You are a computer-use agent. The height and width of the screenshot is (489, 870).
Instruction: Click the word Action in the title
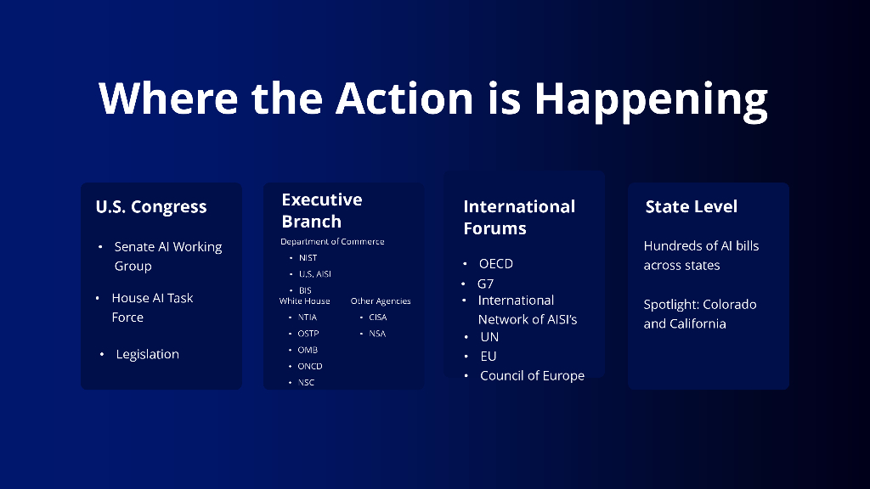click(404, 98)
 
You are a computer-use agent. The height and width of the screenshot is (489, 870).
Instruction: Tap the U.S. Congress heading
click(151, 207)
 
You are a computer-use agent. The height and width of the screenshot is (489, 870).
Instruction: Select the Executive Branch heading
click(322, 211)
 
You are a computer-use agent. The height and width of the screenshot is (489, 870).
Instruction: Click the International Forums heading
click(519, 217)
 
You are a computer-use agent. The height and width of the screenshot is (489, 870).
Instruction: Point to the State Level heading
click(692, 206)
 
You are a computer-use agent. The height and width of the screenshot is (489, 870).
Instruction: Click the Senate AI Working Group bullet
click(168, 256)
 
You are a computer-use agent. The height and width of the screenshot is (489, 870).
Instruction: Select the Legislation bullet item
click(148, 354)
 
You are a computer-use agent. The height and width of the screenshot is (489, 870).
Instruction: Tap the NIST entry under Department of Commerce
click(308, 258)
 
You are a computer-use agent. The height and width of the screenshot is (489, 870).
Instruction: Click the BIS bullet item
click(305, 290)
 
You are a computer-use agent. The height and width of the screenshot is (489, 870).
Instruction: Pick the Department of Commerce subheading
click(332, 242)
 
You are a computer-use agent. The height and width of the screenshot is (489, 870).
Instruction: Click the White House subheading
click(305, 301)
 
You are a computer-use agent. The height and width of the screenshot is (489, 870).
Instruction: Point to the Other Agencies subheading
click(381, 301)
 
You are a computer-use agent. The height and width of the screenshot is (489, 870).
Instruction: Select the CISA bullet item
click(378, 318)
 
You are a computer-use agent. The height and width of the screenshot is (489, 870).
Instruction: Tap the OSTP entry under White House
click(308, 333)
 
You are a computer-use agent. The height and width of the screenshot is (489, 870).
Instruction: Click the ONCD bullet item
click(310, 366)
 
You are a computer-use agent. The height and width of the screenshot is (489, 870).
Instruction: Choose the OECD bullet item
click(496, 263)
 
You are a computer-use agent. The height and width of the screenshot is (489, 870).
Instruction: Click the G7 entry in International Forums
click(485, 284)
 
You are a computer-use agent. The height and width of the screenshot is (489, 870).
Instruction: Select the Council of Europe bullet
click(532, 376)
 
